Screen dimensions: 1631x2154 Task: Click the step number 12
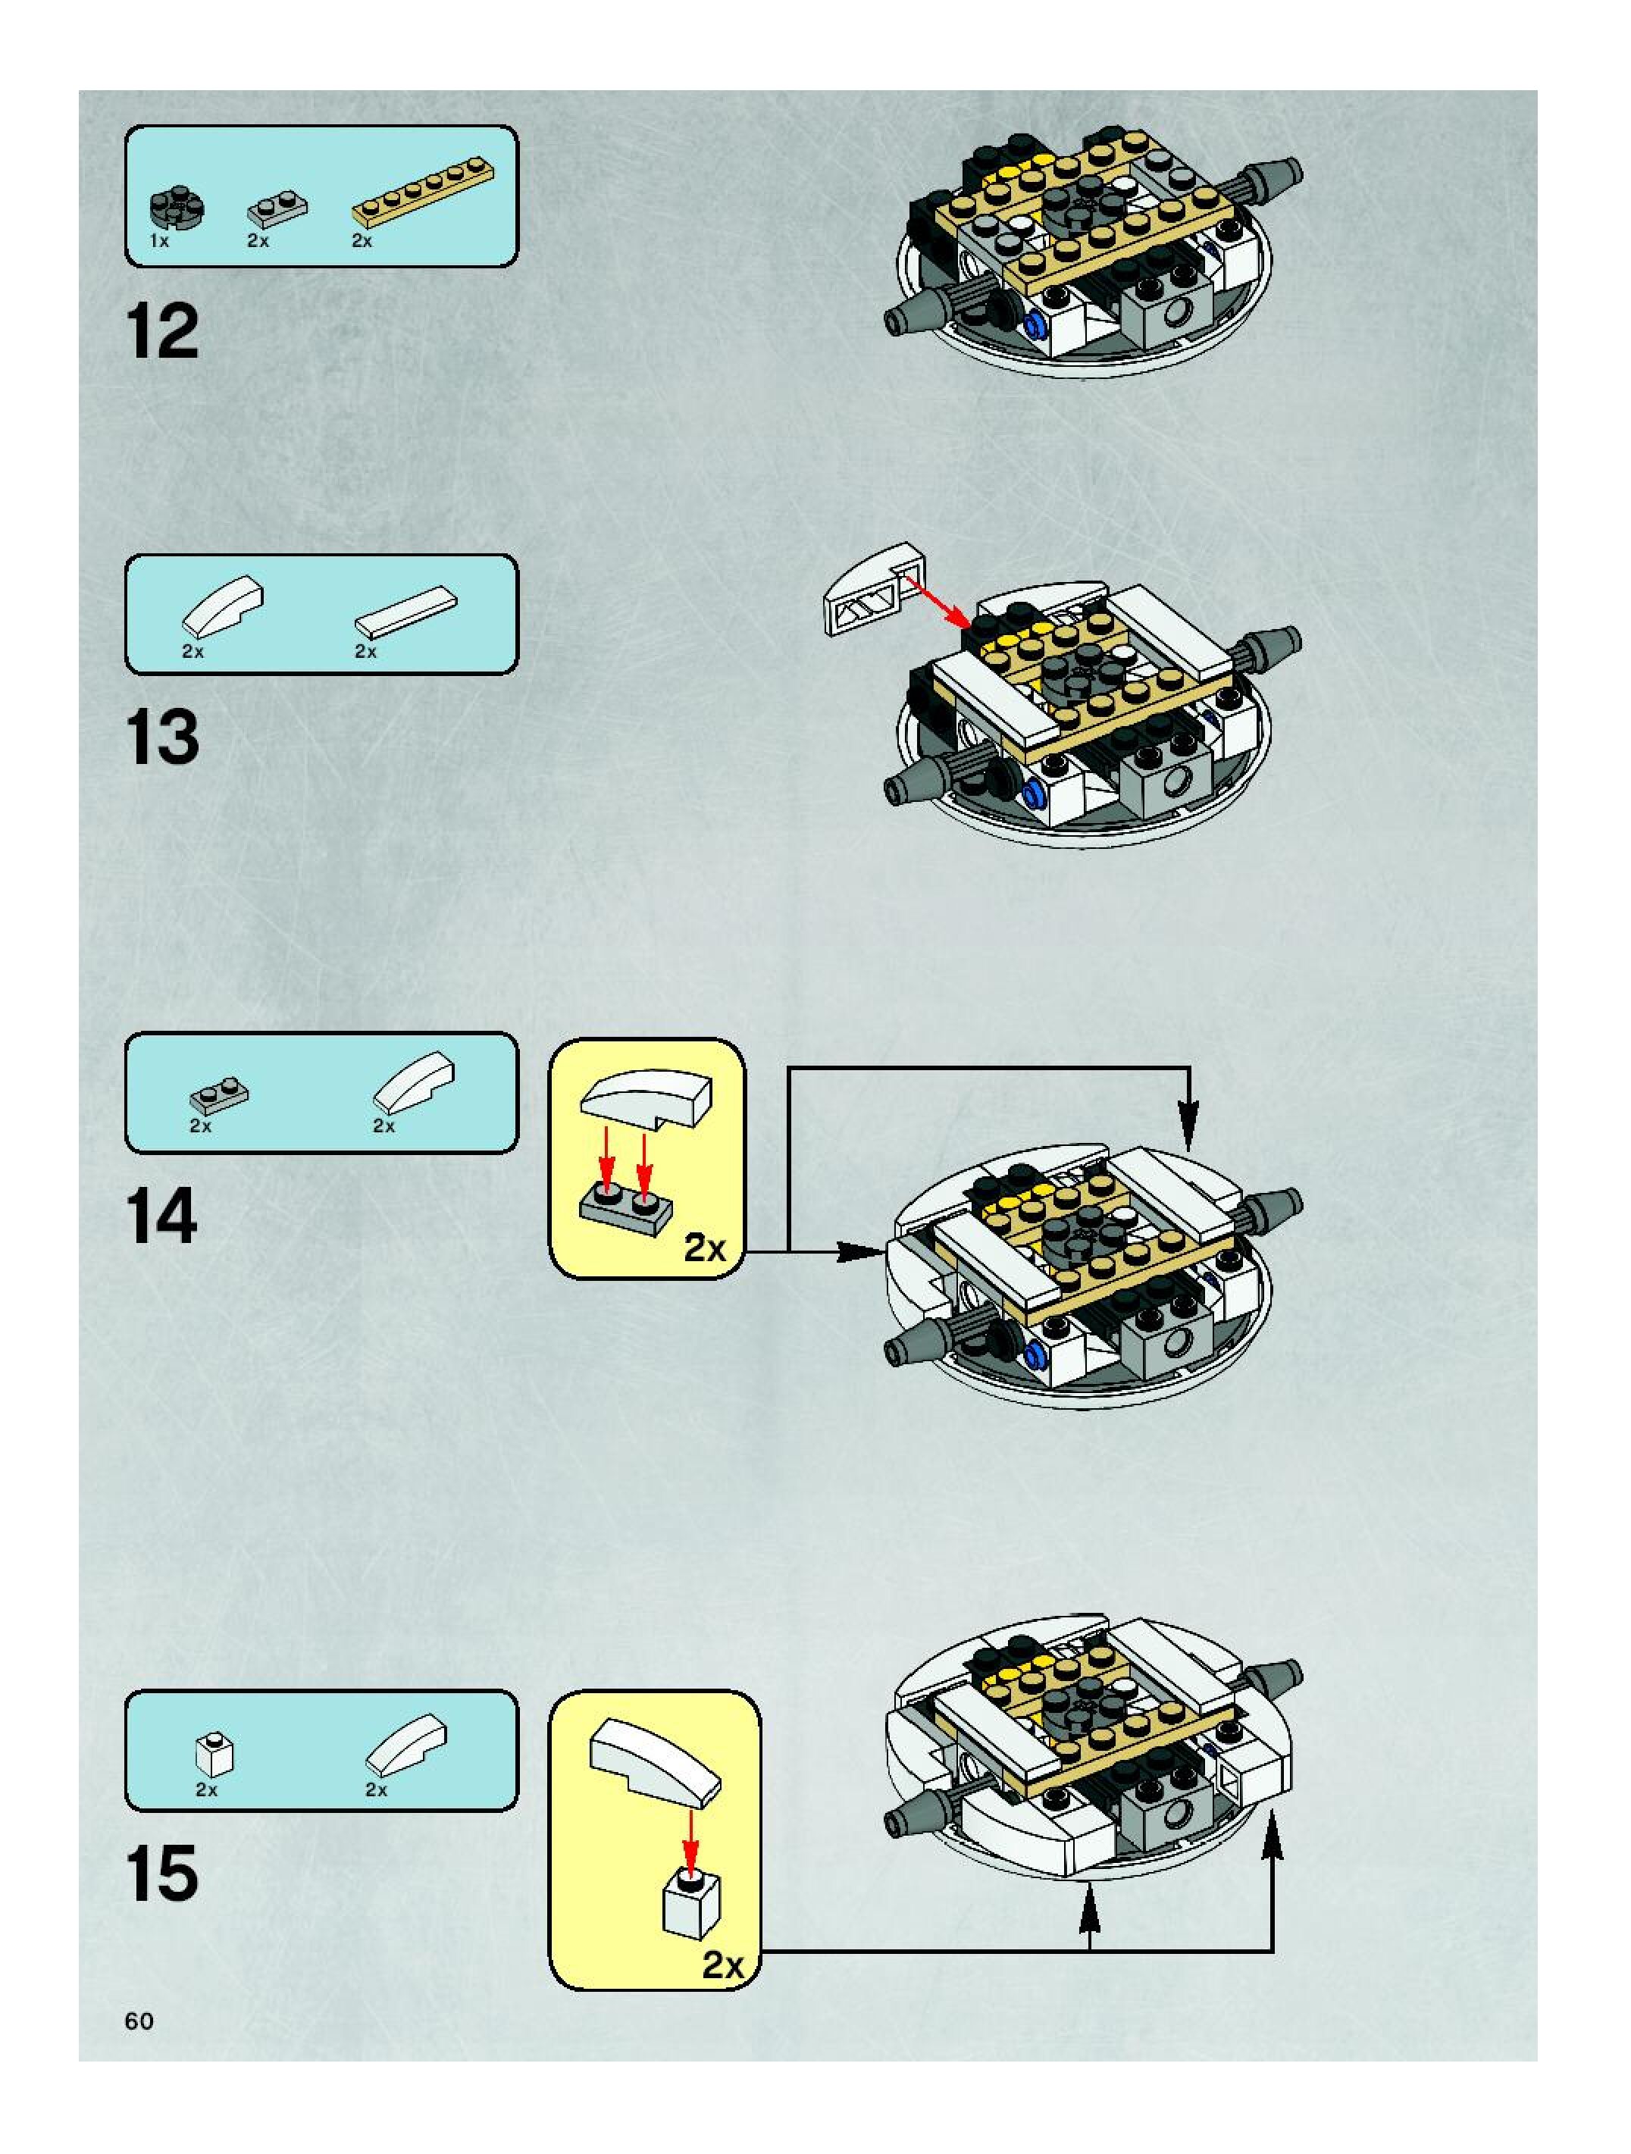coord(161,332)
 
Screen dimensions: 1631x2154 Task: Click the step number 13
coord(161,737)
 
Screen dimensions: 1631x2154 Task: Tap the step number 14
coord(161,1216)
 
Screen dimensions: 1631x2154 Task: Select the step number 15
coord(161,1874)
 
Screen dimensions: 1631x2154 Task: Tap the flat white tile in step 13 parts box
coord(406,611)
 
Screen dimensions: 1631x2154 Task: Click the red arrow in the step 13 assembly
coord(936,601)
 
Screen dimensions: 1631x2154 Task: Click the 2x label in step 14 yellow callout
coord(705,1248)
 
